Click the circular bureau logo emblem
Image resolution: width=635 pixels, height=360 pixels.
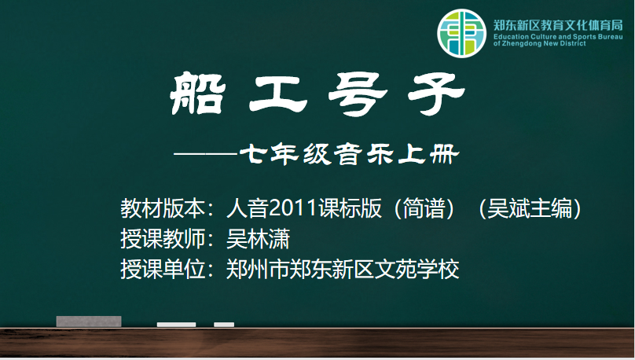(461, 33)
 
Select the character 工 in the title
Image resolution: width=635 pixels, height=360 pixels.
(278, 94)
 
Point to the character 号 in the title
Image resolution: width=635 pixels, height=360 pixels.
(358, 94)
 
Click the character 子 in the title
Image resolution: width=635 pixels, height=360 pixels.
(436, 94)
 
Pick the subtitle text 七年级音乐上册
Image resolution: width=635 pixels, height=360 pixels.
(350, 154)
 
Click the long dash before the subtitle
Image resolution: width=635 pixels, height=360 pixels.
(206, 154)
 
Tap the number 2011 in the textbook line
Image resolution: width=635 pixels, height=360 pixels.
(293, 208)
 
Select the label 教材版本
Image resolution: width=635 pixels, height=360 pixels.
(163, 208)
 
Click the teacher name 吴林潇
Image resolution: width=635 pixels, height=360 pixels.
(258, 238)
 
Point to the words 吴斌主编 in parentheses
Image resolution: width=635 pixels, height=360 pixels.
(530, 208)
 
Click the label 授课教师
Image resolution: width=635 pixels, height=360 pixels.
(163, 238)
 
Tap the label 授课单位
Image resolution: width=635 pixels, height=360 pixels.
(163, 269)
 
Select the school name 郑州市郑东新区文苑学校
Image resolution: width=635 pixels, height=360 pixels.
(343, 269)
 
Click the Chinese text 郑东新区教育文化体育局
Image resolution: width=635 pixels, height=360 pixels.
(558, 25)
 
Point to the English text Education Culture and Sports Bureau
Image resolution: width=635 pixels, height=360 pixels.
(558, 36)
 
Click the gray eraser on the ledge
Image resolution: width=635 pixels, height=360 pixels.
(89, 321)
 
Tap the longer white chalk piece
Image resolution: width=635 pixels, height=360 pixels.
(176, 325)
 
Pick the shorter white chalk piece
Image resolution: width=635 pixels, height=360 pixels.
(224, 325)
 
